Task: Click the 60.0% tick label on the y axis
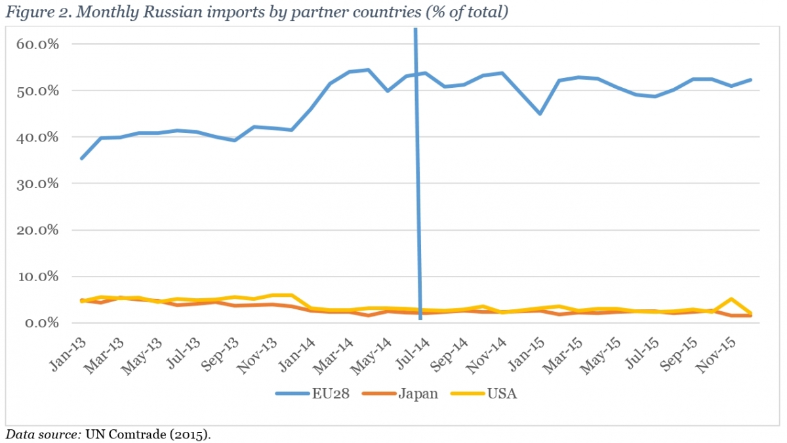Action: point(38,44)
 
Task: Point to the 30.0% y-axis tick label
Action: point(38,183)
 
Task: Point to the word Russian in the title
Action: point(163,12)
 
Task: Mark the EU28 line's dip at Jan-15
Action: point(540,114)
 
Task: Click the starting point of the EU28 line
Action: point(81,159)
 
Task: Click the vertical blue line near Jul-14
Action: point(417,197)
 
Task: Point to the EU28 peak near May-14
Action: point(369,70)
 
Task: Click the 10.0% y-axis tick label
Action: point(38,277)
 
